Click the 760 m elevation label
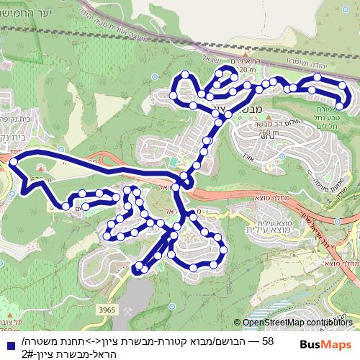267,132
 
